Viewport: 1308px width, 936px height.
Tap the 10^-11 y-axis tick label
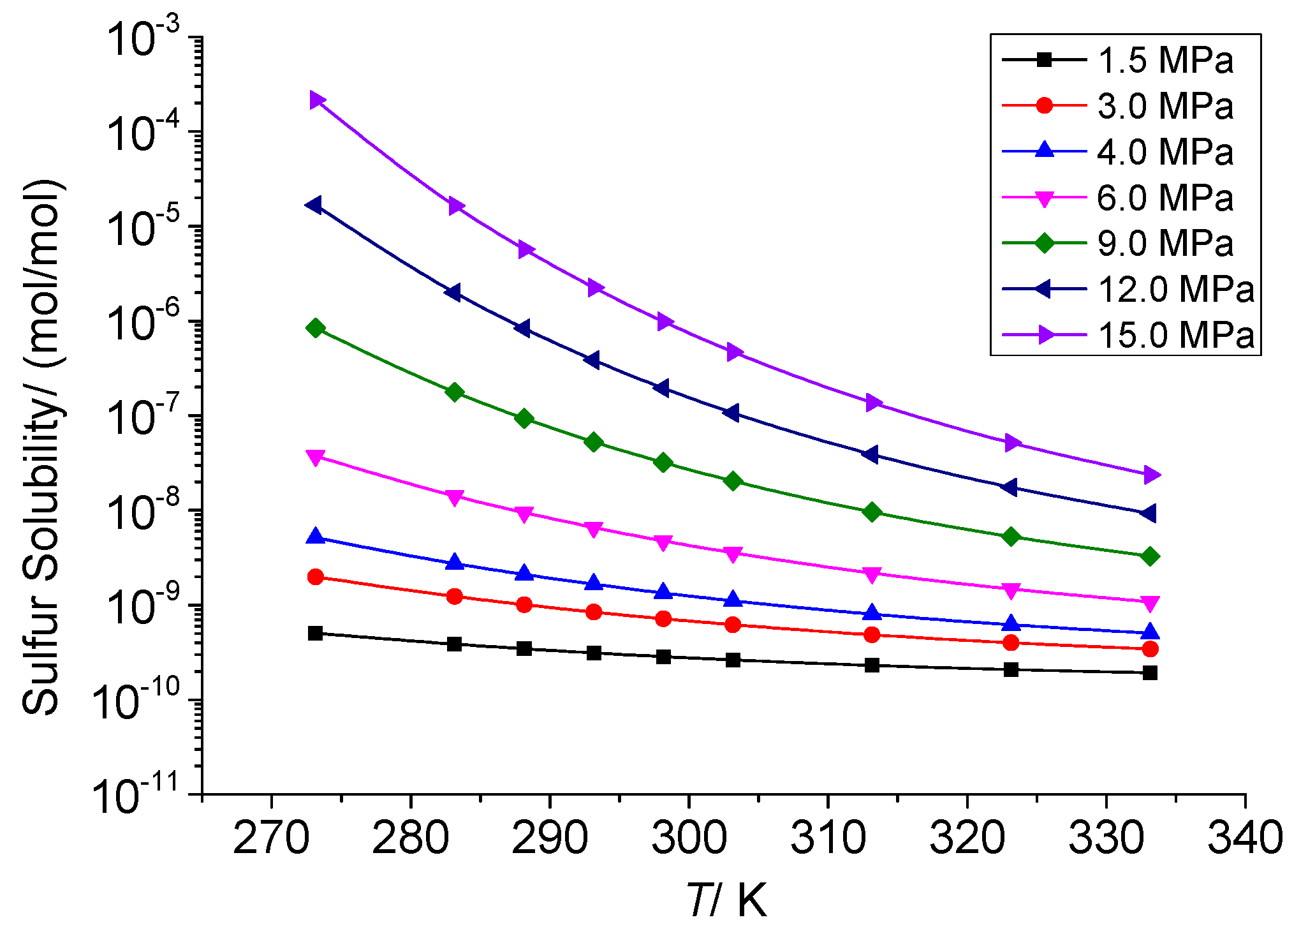pos(137,796)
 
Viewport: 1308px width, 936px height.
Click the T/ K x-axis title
pos(727,900)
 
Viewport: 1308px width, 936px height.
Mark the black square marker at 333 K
pos(1150,672)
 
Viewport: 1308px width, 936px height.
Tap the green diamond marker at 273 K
pos(316,328)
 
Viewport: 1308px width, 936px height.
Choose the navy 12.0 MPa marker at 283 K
pos(453,293)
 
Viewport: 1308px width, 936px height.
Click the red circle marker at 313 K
pos(872,635)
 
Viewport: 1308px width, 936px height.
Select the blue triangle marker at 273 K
pos(316,537)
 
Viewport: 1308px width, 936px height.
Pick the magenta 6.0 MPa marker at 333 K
pos(1150,603)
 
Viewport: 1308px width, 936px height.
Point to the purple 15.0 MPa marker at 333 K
pos(1151,475)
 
